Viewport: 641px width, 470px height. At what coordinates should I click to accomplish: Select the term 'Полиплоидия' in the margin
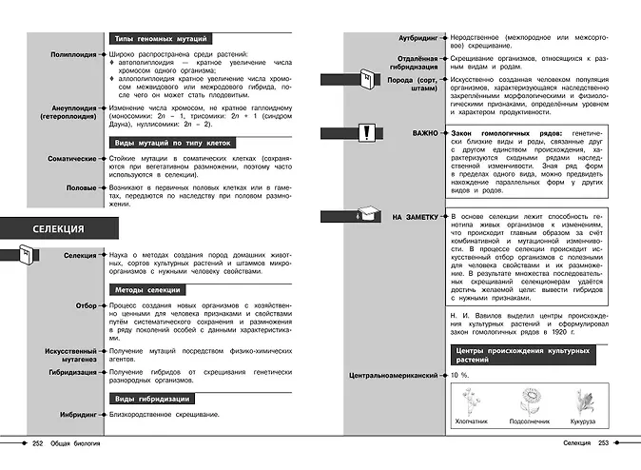click(71, 55)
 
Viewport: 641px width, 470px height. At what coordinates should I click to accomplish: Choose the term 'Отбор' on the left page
click(83, 305)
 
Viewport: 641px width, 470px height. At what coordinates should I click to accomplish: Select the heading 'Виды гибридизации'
click(150, 399)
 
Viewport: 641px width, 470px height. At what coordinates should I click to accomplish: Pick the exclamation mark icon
click(366, 132)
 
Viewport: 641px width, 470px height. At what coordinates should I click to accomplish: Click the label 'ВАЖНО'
click(424, 133)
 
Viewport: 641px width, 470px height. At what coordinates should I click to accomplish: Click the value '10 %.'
click(460, 376)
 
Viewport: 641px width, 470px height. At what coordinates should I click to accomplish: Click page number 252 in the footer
click(38, 443)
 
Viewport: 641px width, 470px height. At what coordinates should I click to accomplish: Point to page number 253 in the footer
click(603, 443)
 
